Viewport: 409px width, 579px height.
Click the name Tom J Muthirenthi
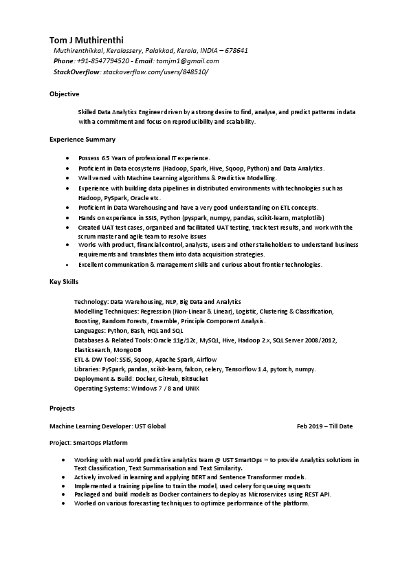[87, 40]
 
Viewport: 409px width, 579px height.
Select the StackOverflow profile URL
[155, 72]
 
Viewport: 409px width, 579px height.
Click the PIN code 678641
[236, 51]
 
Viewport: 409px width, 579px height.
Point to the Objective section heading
[65, 94]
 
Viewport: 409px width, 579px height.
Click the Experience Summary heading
[82, 140]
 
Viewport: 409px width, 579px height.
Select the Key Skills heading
[64, 282]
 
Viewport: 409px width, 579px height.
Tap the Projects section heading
[62, 408]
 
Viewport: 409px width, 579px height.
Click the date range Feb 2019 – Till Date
[324, 426]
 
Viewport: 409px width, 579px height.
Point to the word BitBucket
[195, 379]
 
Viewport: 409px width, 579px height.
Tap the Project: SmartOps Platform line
[88, 443]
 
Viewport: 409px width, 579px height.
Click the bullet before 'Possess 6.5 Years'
[67, 159]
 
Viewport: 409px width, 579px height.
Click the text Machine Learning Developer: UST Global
[107, 426]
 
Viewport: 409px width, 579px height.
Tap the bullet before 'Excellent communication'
[67, 265]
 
